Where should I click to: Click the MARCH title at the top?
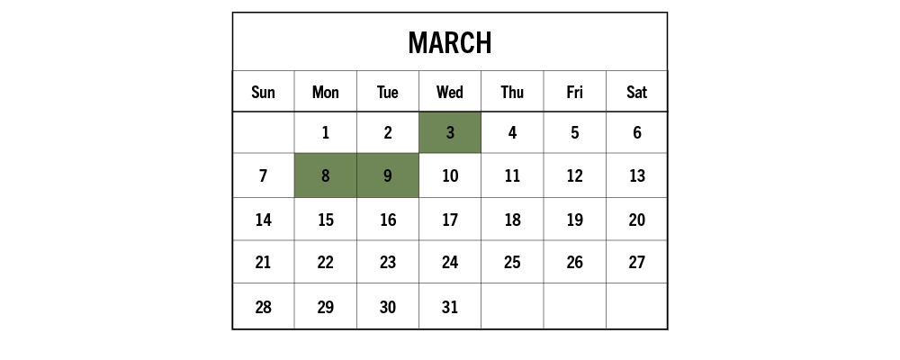click(449, 43)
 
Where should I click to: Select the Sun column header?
click(263, 92)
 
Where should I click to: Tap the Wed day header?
click(449, 92)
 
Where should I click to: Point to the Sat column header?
click(636, 92)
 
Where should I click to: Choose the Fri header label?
click(574, 92)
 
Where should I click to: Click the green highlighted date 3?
click(450, 132)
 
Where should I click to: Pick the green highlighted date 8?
click(326, 175)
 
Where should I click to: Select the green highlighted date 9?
click(387, 175)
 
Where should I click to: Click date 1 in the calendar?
click(326, 133)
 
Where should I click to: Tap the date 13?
click(636, 175)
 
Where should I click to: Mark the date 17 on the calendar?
click(450, 220)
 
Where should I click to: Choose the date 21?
click(263, 263)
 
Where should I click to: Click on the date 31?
click(450, 307)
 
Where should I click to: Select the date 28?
click(263, 307)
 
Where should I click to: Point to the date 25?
click(512, 263)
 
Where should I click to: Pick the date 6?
click(637, 133)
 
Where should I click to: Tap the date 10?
click(450, 175)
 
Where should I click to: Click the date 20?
click(636, 220)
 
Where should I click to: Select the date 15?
click(326, 220)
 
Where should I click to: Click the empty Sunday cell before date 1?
click(264, 132)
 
